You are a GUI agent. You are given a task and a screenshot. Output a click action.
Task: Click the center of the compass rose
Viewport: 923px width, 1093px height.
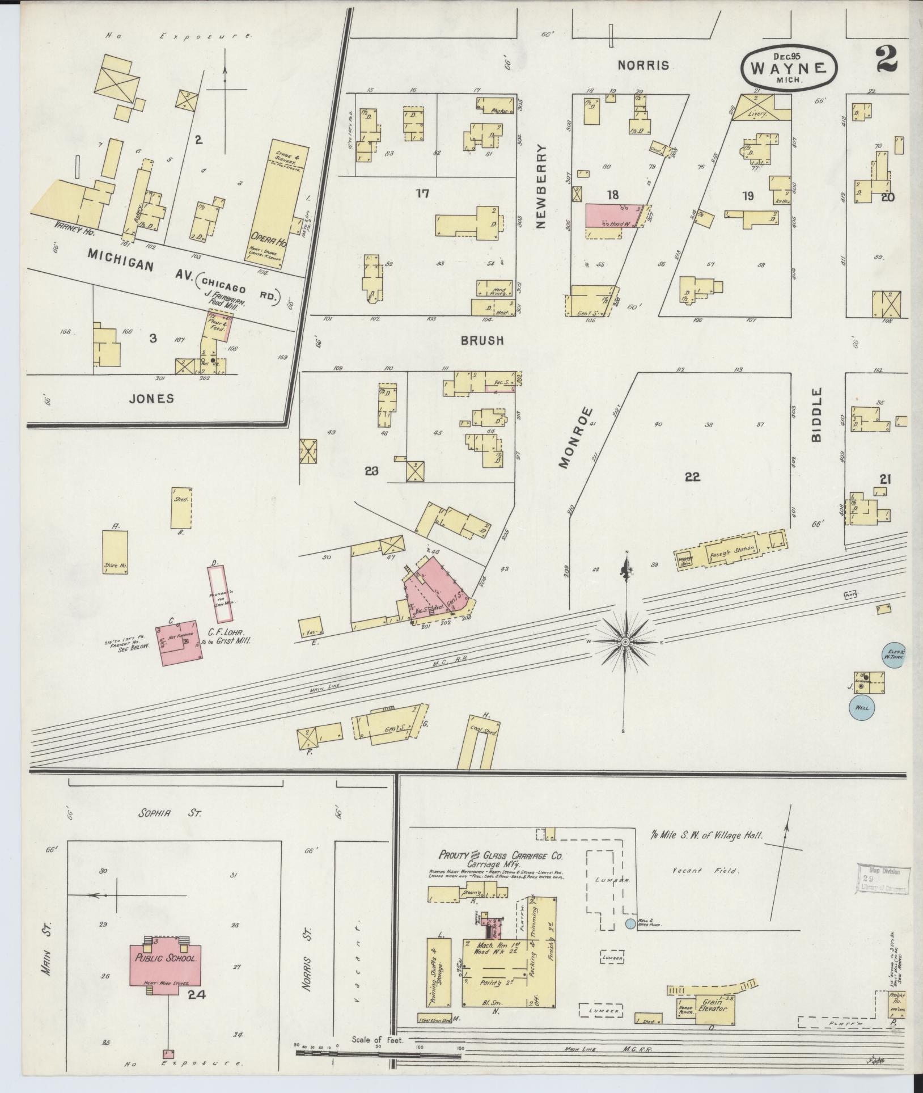click(624, 642)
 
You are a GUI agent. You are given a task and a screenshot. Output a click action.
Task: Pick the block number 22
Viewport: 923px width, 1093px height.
click(692, 477)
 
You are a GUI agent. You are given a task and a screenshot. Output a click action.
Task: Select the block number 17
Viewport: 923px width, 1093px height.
click(422, 194)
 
